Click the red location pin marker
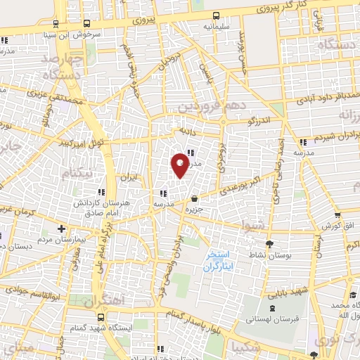click(181, 165)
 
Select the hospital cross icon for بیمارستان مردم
click(62, 229)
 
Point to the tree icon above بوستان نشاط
click(250, 243)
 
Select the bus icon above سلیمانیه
click(214, 15)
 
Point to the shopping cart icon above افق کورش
click(338, 215)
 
